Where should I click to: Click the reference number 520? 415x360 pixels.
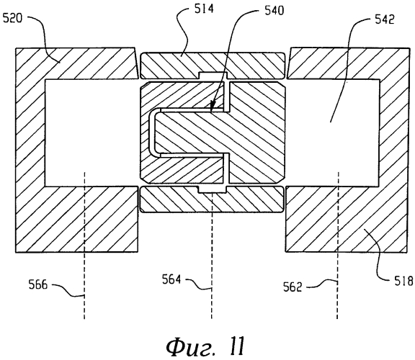[x=12, y=19]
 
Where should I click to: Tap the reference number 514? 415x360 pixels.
[x=204, y=9]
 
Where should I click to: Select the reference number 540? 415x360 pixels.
[x=275, y=11]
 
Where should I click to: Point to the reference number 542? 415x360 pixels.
[x=385, y=19]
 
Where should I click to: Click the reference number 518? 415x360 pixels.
[x=403, y=281]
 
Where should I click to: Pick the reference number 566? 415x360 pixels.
[x=38, y=285]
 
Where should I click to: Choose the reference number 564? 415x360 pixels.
[x=171, y=279]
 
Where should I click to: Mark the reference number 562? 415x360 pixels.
[x=293, y=287]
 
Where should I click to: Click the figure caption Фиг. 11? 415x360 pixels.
[x=205, y=346]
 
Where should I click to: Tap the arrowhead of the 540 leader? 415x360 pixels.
[x=211, y=107]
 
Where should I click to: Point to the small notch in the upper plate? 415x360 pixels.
[x=213, y=75]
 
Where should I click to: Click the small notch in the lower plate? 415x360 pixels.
[x=213, y=189]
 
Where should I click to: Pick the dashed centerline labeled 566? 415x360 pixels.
[x=84, y=246]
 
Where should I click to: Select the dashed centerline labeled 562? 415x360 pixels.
[x=337, y=246]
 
